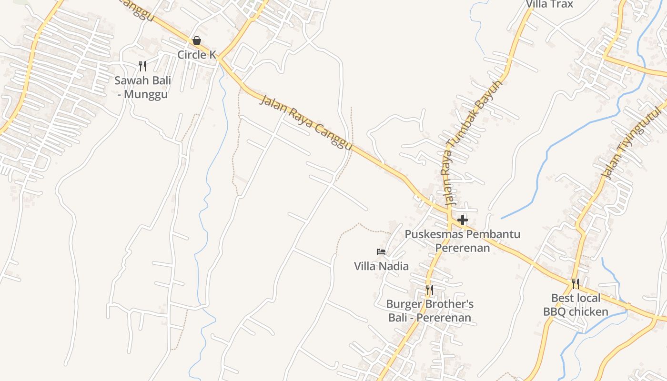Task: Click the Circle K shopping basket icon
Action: pos(196,41)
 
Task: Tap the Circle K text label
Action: pos(197,55)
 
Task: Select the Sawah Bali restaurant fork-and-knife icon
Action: pos(142,66)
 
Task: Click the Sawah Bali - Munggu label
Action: pos(142,87)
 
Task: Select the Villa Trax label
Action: pos(549,4)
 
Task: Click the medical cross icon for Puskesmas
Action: pos(462,220)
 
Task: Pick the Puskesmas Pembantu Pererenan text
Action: pos(462,241)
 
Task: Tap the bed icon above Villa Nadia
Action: pos(381,251)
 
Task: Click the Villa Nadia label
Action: pos(381,266)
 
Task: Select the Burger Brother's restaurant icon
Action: pos(429,290)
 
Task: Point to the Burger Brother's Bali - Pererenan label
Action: pos(430,311)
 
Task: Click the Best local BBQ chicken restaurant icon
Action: pos(576,284)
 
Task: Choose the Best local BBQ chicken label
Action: pos(576,305)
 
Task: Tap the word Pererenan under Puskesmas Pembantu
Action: pos(462,248)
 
